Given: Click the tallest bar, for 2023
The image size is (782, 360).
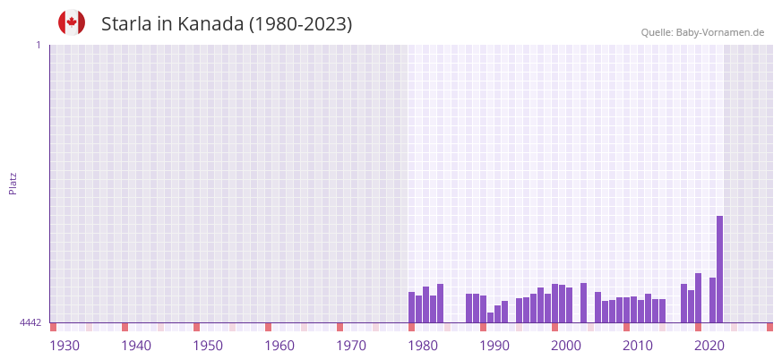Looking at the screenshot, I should point(719,269).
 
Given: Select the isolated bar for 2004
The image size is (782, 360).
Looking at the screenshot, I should point(583,303).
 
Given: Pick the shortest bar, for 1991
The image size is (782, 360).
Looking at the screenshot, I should point(490,317).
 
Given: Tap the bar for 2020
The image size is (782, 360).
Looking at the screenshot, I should point(698,297).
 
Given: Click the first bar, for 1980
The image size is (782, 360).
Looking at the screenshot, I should point(411,307).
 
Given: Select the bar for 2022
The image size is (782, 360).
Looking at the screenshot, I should point(712,300).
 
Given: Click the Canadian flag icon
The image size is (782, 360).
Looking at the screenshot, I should point(72,22).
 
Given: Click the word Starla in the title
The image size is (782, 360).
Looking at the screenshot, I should point(126,24).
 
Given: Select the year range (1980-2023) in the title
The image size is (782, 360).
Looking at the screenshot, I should point(300,24).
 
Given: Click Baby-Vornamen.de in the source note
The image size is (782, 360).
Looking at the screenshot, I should point(719,32).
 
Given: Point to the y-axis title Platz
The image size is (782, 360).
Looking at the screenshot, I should point(13,183).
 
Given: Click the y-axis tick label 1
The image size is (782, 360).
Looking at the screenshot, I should point(38,45).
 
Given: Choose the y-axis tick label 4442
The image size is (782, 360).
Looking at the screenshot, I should point(30,322).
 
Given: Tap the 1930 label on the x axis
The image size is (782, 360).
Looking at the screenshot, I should point(64,345).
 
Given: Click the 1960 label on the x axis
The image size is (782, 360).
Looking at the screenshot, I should point(279,345).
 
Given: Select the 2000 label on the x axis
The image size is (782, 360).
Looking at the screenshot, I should point(566,345).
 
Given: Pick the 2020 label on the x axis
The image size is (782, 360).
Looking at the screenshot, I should point(709,345).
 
